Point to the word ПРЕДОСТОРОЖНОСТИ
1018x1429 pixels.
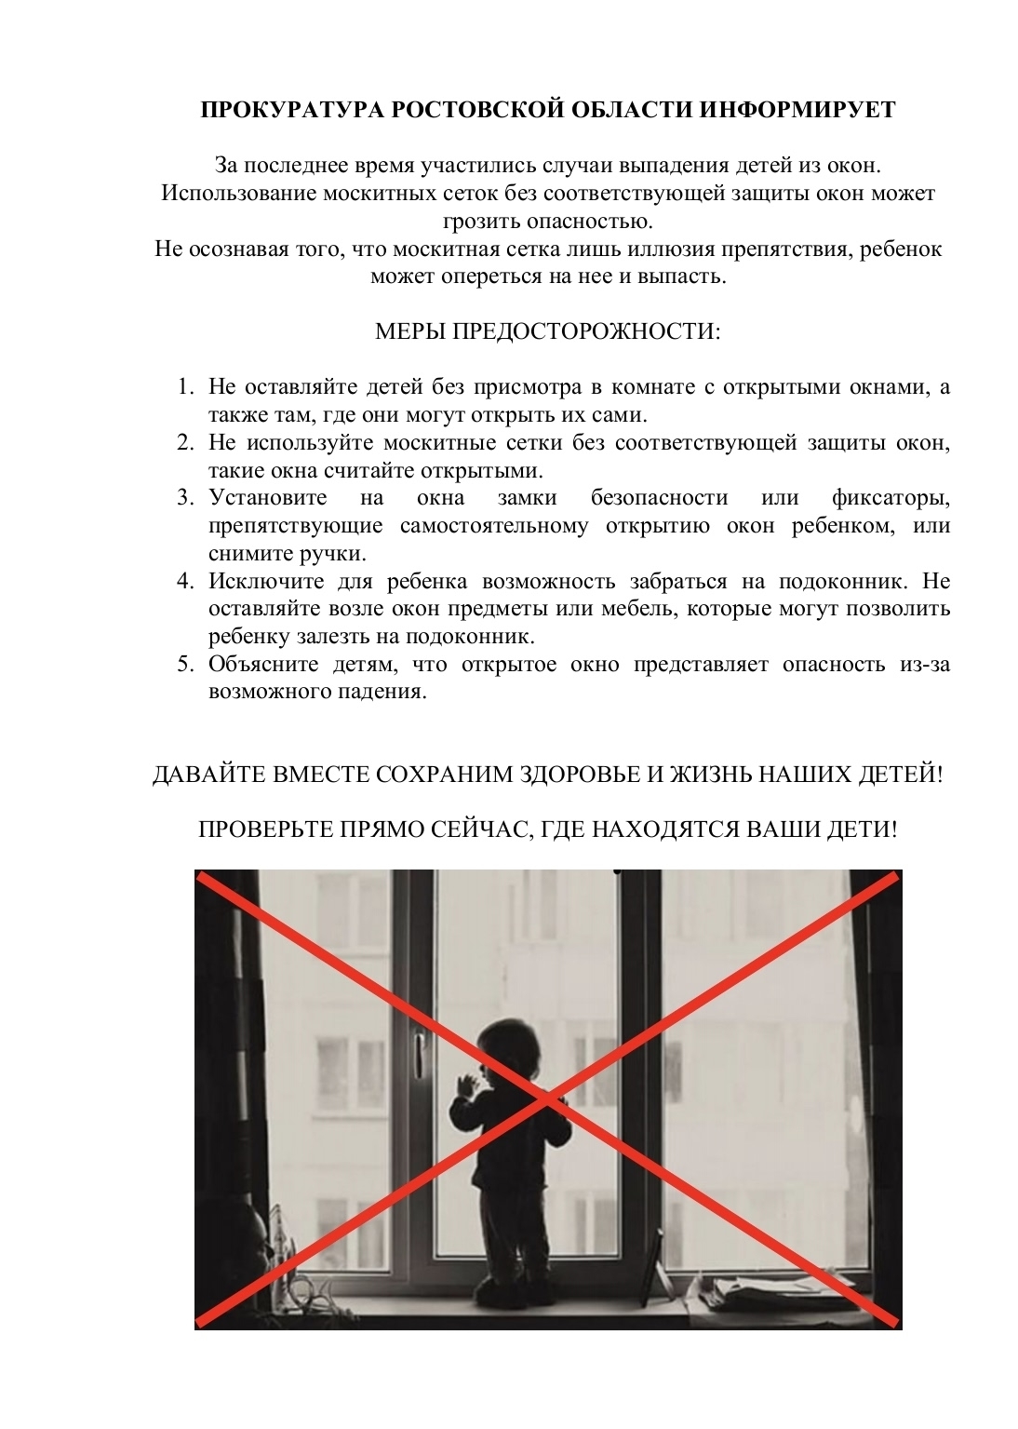(x=583, y=332)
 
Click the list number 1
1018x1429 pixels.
(x=185, y=386)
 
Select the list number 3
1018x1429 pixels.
(x=185, y=498)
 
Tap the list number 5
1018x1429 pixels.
(x=185, y=665)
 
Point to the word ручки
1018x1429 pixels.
(x=328, y=553)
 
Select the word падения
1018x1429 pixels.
(x=383, y=693)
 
